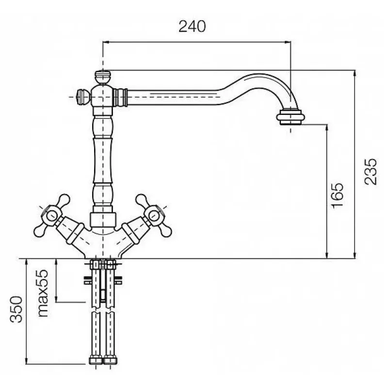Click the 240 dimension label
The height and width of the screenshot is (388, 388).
coord(192,26)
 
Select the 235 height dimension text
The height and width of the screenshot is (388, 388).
coord(371,172)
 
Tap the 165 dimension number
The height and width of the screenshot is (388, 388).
coord(337,195)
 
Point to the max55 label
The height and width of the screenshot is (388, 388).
coord(43,293)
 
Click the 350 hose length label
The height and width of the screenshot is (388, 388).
coord(16,309)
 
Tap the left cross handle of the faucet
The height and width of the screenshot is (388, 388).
coord(52,215)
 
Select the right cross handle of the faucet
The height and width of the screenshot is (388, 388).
coord(153,215)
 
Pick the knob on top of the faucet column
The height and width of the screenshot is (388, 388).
coord(103,77)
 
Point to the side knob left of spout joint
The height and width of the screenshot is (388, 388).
coord(83,97)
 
